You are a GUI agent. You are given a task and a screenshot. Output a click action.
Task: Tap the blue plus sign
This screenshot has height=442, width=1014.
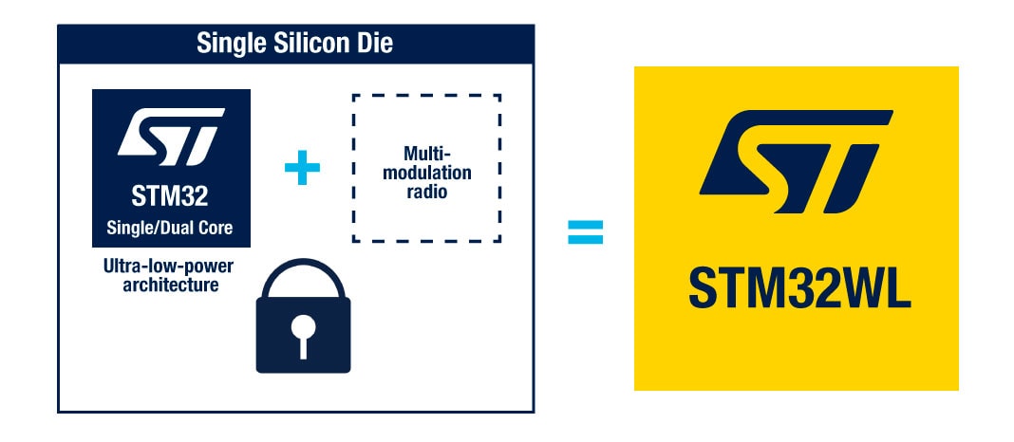pyautogui.click(x=302, y=169)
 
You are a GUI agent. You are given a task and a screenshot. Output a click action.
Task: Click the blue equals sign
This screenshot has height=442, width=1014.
pyautogui.click(x=585, y=231)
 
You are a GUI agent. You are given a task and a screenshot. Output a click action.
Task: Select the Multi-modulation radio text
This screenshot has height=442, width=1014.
pyautogui.click(x=425, y=172)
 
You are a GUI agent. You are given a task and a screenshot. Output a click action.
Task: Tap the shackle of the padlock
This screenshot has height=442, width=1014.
pyautogui.click(x=303, y=276)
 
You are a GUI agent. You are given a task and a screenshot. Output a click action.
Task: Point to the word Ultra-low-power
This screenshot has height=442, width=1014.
pyautogui.click(x=168, y=267)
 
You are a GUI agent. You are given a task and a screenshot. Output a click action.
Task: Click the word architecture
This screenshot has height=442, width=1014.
pyautogui.click(x=170, y=285)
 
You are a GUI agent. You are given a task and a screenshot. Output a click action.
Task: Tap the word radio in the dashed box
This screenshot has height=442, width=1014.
pyautogui.click(x=425, y=193)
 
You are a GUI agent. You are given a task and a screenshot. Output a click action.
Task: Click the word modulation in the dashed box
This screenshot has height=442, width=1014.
pyautogui.click(x=425, y=173)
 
